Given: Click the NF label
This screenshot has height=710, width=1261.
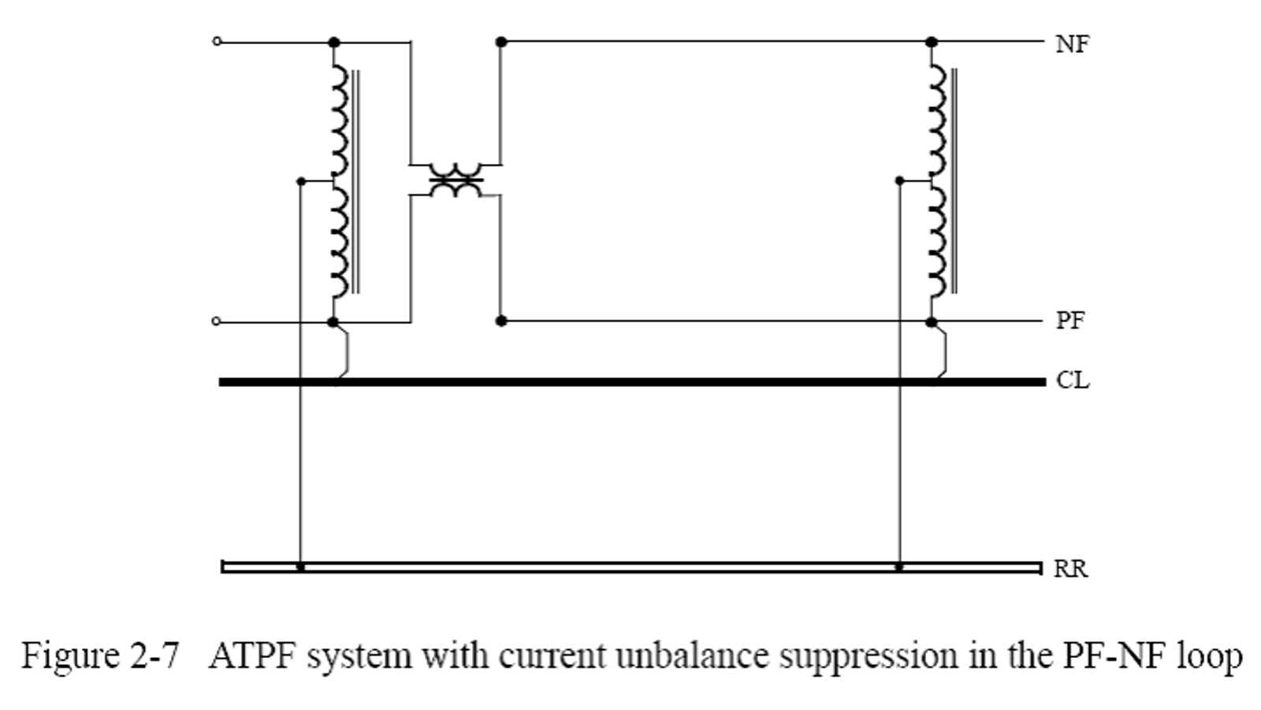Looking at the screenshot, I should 1072,44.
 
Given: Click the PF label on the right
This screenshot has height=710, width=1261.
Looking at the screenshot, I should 1069,321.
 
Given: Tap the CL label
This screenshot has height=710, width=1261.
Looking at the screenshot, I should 1072,381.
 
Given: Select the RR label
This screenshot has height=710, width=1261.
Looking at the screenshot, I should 1070,568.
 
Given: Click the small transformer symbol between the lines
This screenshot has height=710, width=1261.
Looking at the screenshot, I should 456,180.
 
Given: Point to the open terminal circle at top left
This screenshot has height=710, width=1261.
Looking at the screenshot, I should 218,41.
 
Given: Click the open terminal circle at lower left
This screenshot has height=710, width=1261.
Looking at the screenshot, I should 218,322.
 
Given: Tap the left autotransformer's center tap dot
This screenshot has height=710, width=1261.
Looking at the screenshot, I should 300,181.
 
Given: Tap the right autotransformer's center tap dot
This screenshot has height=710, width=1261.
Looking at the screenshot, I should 900,180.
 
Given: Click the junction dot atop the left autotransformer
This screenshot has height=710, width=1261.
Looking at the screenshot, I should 333,42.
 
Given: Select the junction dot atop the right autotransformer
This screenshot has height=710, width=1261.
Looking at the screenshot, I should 932,41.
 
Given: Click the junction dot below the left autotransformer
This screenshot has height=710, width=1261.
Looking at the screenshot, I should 333,322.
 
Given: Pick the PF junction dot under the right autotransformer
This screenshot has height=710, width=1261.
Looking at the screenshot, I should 932,322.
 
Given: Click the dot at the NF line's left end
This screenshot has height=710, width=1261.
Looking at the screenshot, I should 500,41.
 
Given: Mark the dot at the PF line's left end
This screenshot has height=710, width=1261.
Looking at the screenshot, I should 500,321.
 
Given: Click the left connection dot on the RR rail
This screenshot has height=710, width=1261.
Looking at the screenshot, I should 300,567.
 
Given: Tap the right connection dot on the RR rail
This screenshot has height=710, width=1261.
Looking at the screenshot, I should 899,567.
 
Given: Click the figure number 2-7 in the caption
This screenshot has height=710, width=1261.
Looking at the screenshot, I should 153,656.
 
